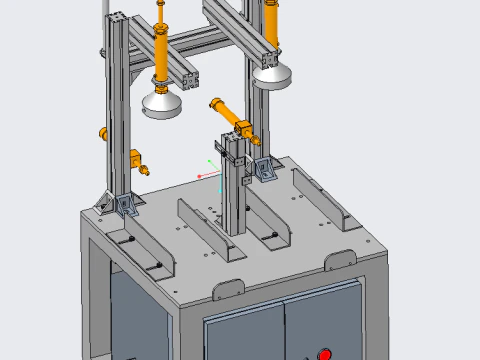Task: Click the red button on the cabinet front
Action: point(324,353)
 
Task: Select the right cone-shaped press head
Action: point(272,75)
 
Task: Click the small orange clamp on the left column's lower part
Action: point(136,158)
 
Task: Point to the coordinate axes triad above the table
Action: point(209,170)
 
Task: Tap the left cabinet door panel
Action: point(243,335)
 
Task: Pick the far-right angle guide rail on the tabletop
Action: point(320,199)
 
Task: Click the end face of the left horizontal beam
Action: point(189,77)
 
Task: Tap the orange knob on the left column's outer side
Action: point(101,132)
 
